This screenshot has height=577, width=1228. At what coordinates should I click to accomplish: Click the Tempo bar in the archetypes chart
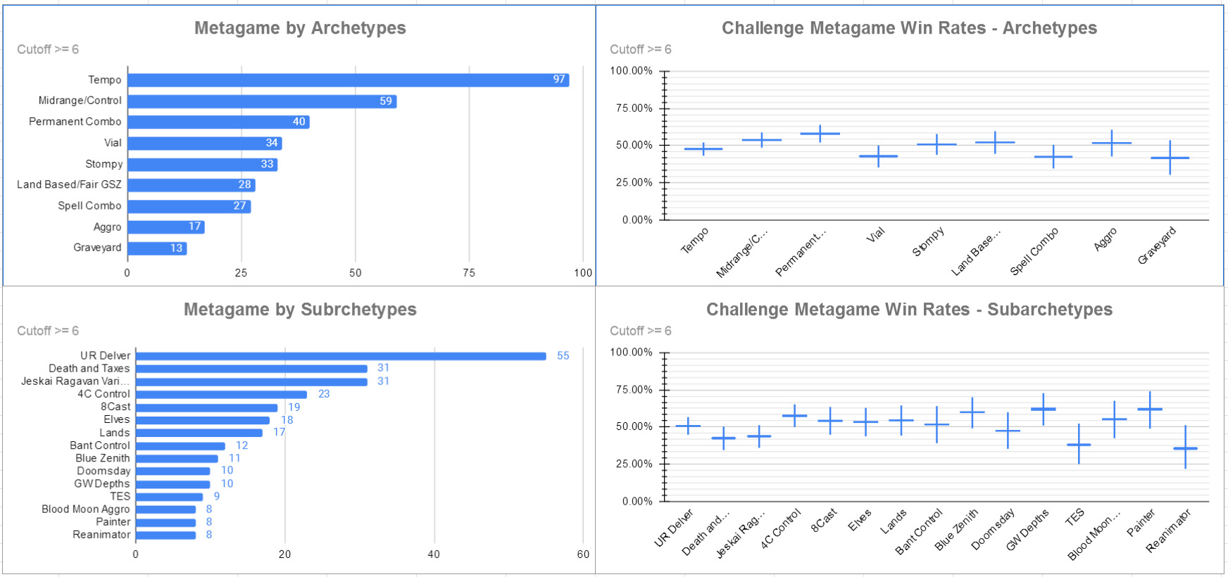point(348,80)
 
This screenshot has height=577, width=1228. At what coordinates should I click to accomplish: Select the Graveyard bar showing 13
point(157,248)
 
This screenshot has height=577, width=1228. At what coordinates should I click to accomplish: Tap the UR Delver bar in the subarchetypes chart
point(341,356)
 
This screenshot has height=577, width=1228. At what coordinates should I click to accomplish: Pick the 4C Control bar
point(221,395)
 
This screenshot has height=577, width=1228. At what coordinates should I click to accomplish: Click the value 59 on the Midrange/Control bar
point(386,101)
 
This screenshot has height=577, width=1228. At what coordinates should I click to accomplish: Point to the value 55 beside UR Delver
point(563,356)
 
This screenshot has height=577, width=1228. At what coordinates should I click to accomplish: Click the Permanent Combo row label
point(75,122)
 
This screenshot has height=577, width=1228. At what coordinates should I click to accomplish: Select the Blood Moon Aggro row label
point(85,509)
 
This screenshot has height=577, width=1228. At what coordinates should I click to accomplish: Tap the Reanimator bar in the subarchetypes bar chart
point(165,535)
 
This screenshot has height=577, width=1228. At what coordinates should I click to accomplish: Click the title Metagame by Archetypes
point(300,28)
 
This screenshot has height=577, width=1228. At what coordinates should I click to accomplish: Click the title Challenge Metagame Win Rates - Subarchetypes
point(909,310)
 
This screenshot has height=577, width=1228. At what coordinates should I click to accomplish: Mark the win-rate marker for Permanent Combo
point(820,134)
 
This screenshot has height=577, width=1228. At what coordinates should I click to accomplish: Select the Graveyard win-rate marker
point(1170,158)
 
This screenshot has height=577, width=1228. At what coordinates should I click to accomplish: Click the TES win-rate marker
point(1079,445)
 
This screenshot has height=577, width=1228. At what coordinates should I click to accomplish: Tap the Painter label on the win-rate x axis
point(1141,523)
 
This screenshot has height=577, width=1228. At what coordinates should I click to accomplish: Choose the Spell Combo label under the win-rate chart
point(1034,251)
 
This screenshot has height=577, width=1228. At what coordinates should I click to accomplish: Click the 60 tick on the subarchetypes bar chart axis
point(583,554)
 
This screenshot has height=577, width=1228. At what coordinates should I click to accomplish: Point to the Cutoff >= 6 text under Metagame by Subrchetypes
point(48,331)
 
